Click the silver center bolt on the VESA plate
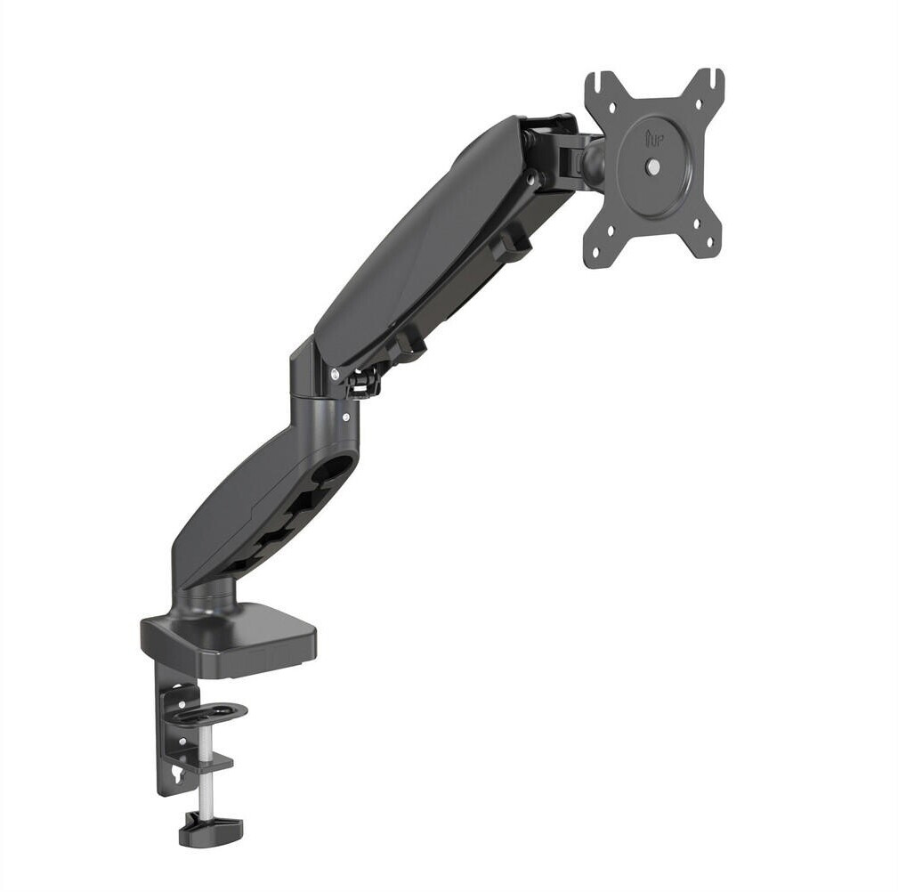pos(652,166)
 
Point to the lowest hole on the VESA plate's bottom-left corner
pos(595,250)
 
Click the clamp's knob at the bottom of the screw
pos(211,828)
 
